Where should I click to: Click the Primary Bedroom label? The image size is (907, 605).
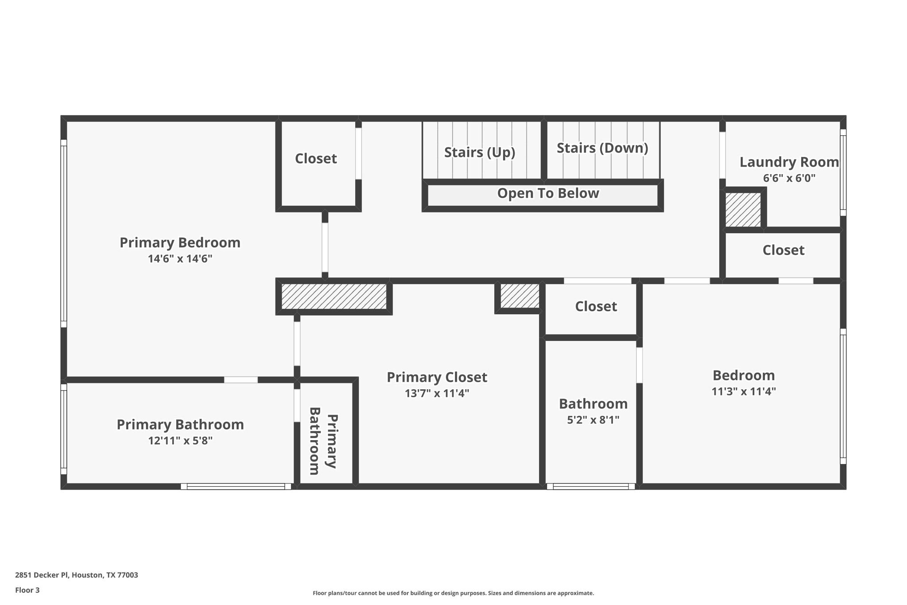180,242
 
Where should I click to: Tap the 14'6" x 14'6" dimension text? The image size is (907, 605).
180,259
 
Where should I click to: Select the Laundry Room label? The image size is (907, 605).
789,162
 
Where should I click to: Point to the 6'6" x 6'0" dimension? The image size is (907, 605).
789,178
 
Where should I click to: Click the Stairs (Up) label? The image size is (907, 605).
479,152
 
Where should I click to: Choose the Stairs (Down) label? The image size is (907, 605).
602,148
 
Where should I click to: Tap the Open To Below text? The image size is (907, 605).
548,193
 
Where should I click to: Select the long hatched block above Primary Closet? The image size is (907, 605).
334,297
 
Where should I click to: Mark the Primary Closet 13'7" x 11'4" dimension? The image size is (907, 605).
437,393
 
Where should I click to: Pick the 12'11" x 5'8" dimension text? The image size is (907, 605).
180,441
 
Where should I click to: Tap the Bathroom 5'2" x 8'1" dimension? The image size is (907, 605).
593,420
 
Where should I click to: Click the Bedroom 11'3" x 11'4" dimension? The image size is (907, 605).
744,391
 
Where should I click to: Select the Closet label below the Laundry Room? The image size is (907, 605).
783,250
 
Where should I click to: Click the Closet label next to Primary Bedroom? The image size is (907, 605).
316,158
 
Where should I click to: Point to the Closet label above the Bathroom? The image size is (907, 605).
596,306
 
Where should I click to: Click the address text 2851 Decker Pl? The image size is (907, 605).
76,575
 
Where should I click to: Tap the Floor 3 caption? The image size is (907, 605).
27,590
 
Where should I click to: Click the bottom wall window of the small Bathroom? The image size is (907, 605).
591,486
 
